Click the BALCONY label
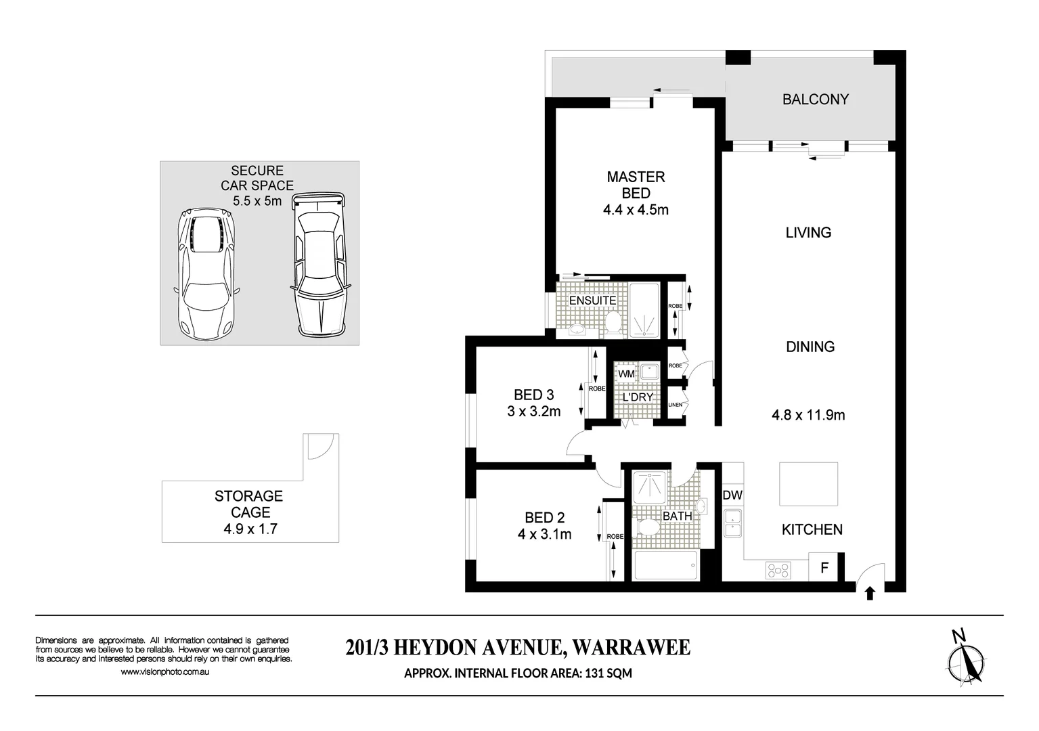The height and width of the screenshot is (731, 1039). tap(815, 99)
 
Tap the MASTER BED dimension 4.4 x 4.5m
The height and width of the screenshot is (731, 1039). tap(636, 210)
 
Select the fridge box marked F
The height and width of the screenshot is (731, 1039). tap(824, 568)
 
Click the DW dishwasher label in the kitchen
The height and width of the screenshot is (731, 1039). tap(732, 495)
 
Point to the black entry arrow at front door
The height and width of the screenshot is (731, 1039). tap(870, 594)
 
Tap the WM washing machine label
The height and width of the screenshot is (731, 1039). tap(626, 374)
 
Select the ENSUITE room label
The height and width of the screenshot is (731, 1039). tap(592, 301)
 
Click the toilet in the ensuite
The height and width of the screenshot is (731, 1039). tap(613, 322)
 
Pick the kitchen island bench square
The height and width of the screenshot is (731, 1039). tap(808, 484)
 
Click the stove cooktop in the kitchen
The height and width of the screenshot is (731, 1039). tap(778, 571)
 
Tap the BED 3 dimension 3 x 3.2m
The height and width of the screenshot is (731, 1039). tap(534, 412)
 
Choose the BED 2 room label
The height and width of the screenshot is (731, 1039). tap(544, 518)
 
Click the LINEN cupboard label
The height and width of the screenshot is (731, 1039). tap(675, 405)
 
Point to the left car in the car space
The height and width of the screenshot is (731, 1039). tap(206, 276)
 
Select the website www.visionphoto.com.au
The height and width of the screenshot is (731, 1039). tap(164, 672)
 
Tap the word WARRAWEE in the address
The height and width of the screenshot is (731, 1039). tap(631, 648)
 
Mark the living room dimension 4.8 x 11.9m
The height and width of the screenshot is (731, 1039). tap(808, 415)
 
